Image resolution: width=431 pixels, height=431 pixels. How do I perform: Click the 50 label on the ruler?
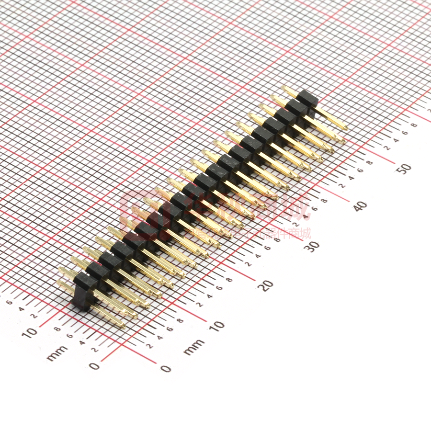tap(405, 168)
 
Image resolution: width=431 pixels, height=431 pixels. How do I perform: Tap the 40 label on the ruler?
tap(360, 206)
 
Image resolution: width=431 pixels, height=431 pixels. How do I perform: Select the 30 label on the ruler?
tap(313, 246)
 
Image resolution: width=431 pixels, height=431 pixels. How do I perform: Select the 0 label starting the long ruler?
tap(165, 368)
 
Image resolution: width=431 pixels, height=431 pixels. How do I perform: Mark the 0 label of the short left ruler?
tap(95, 366)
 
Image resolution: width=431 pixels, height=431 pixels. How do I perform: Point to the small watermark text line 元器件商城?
tap(283, 234)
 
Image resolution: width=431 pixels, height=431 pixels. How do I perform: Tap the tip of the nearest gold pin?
tap(123, 327)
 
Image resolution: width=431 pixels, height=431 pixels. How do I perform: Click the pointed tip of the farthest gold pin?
tap(345, 128)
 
